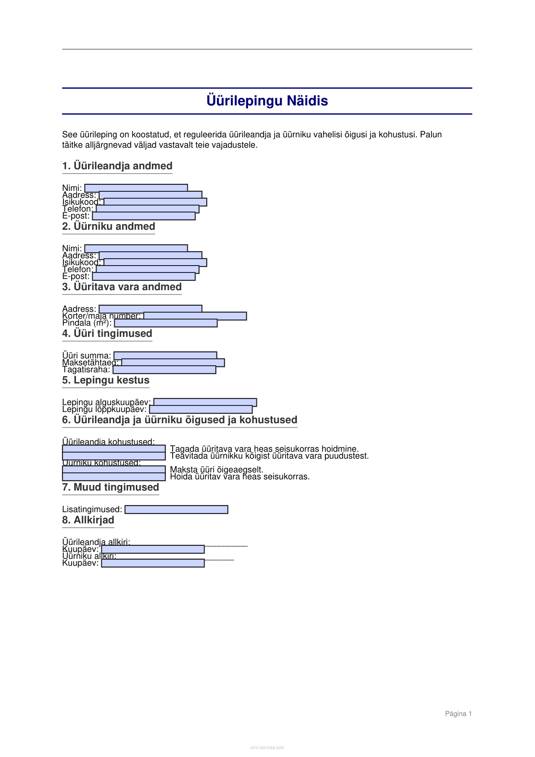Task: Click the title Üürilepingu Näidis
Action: pyautogui.click(x=267, y=101)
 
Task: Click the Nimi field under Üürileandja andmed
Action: pyautogui.click(x=136, y=188)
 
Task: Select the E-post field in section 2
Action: pyautogui.click(x=144, y=276)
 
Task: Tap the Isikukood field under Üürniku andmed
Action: pyautogui.click(x=155, y=263)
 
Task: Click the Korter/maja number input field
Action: pyautogui.click(x=195, y=316)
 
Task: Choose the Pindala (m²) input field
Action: pyautogui.click(x=166, y=323)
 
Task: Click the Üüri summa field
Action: pyautogui.click(x=165, y=355)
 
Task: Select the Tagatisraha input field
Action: pyautogui.click(x=164, y=370)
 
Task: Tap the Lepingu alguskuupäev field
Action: pyautogui.click(x=205, y=402)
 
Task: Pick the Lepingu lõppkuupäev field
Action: pyautogui.click(x=201, y=409)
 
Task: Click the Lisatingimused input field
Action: pyautogui.click(x=176, y=510)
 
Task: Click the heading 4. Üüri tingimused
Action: pyautogui.click(x=107, y=333)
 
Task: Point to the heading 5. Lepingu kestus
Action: pyautogui.click(x=106, y=380)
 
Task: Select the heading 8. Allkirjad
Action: pyautogui.click(x=88, y=520)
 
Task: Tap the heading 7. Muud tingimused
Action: pyautogui.click(x=110, y=487)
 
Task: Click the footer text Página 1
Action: pyautogui.click(x=458, y=714)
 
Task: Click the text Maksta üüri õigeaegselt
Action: pyautogui.click(x=217, y=469)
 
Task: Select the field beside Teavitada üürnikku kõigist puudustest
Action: pyautogui.click(x=114, y=456)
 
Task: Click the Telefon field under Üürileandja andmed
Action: pyautogui.click(x=148, y=209)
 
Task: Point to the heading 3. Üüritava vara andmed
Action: pyautogui.click(x=122, y=287)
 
